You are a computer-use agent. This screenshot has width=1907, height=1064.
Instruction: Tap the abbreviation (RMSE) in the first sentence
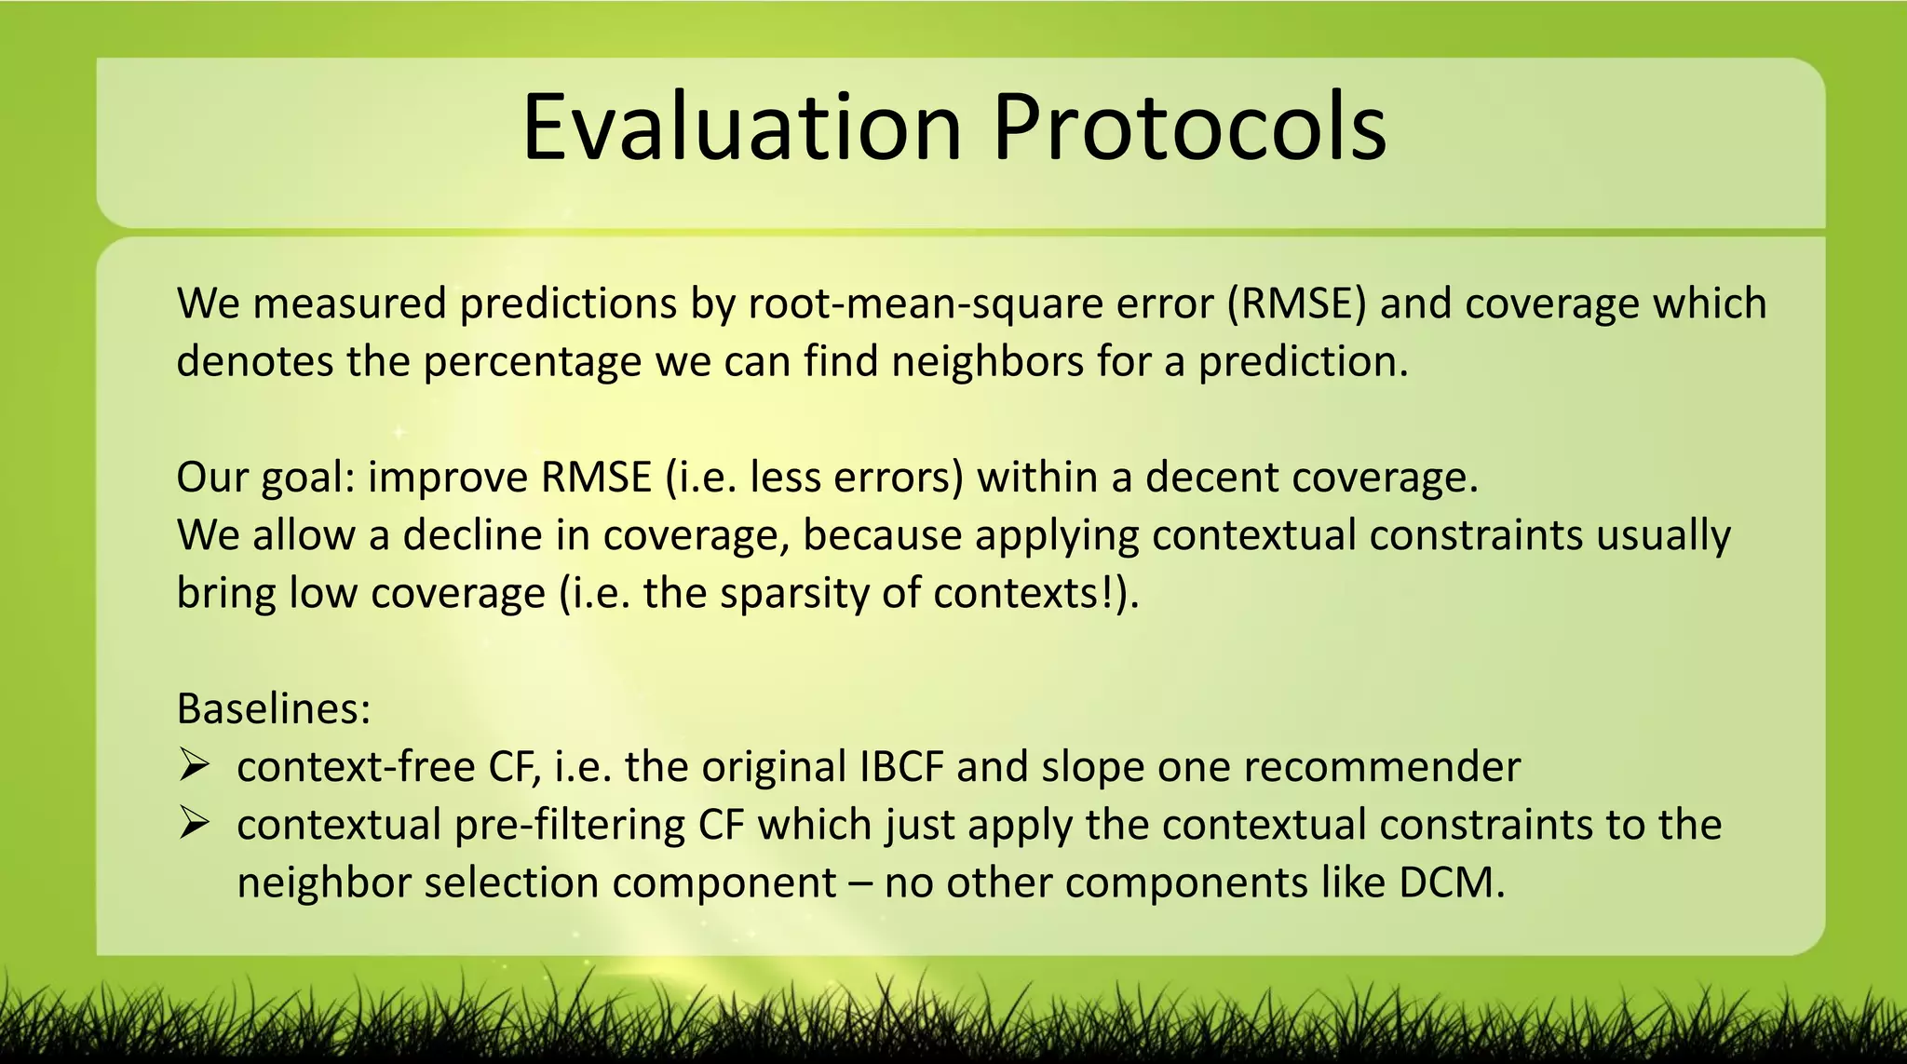coord(1296,303)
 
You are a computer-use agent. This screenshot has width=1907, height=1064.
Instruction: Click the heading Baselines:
coord(274,708)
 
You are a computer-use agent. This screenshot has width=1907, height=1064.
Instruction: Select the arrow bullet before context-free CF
coord(194,766)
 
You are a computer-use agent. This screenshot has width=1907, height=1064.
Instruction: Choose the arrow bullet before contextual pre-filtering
coord(194,824)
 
